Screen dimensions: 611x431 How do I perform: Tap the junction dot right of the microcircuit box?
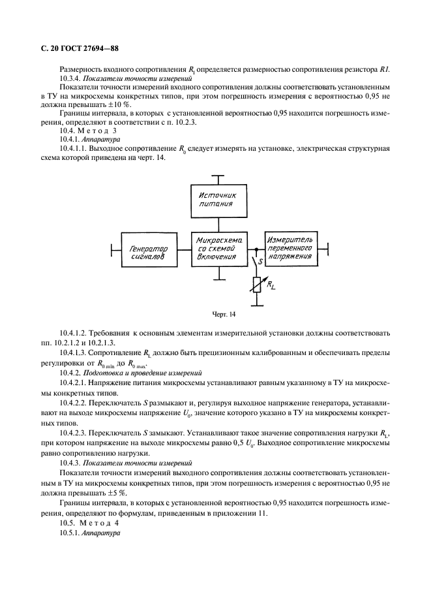[256, 249]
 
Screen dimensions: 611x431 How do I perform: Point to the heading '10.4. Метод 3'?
[88, 131]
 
